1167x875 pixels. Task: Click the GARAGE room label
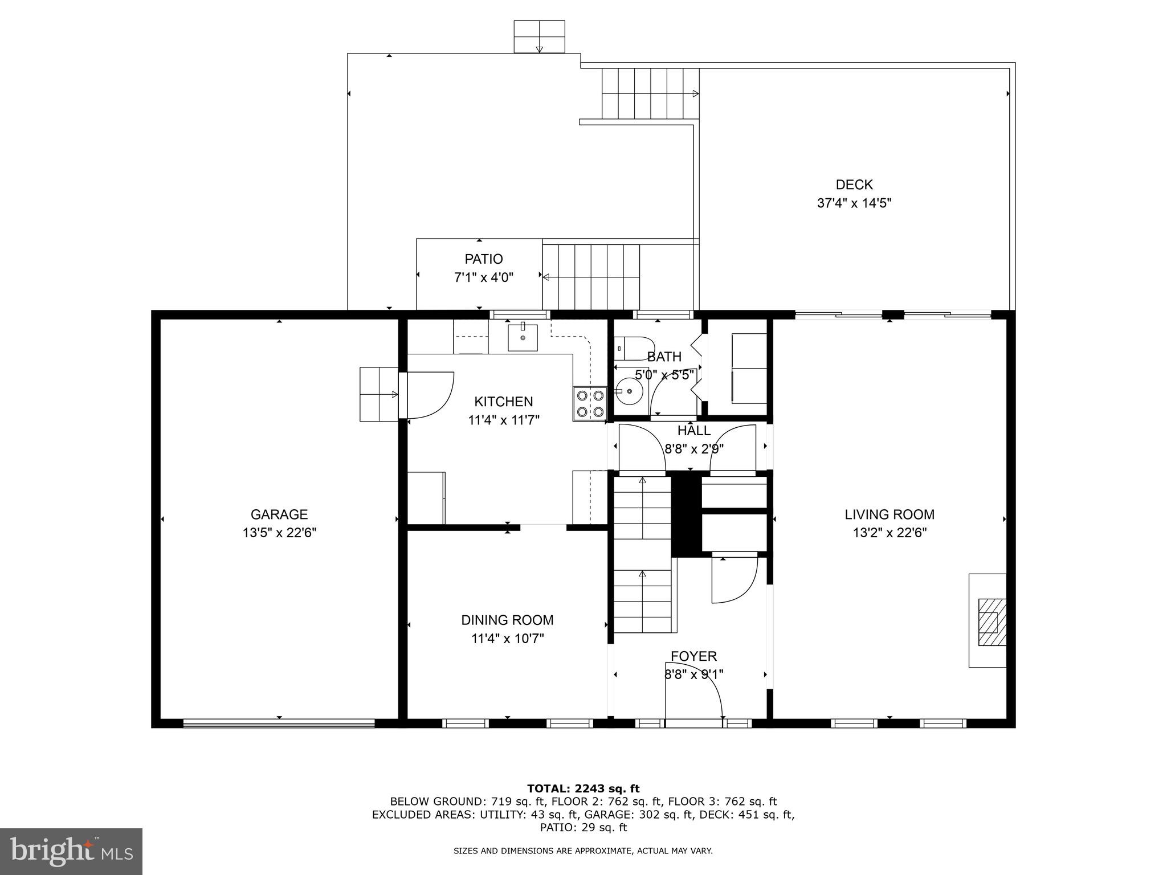tap(279, 514)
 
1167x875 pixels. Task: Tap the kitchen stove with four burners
tap(590, 403)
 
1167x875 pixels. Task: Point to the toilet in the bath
tap(635, 348)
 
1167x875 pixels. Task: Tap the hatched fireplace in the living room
tap(991, 622)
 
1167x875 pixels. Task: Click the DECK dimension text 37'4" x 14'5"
tap(854, 203)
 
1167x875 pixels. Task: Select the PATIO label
tap(483, 259)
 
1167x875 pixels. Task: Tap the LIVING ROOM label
tap(889, 514)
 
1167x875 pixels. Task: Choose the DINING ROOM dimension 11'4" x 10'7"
tap(507, 639)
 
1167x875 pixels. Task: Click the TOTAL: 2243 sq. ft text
tap(583, 788)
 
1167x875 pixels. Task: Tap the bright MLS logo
tap(71, 851)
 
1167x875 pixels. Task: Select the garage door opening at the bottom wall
tap(279, 723)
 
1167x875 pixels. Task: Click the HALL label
tap(693, 431)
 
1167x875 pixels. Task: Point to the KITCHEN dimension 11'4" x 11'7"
tap(504, 420)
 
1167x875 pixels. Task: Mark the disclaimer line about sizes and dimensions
tap(583, 851)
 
